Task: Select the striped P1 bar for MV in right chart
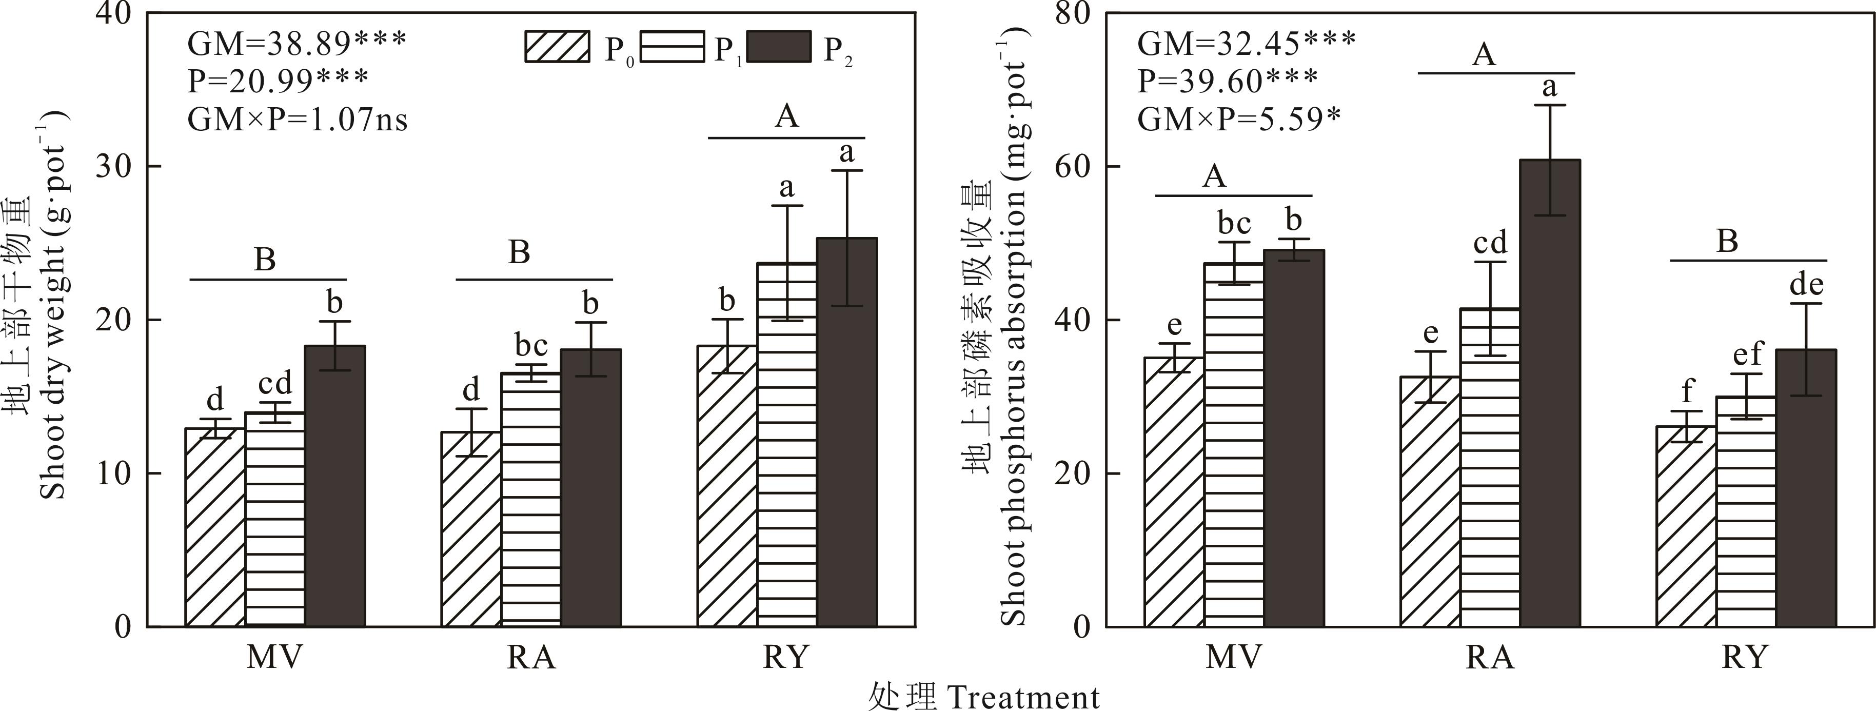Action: [x=1234, y=444]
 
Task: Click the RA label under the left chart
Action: [x=531, y=658]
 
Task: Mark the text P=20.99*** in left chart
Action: [x=278, y=81]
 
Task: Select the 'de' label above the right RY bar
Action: [x=1806, y=285]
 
